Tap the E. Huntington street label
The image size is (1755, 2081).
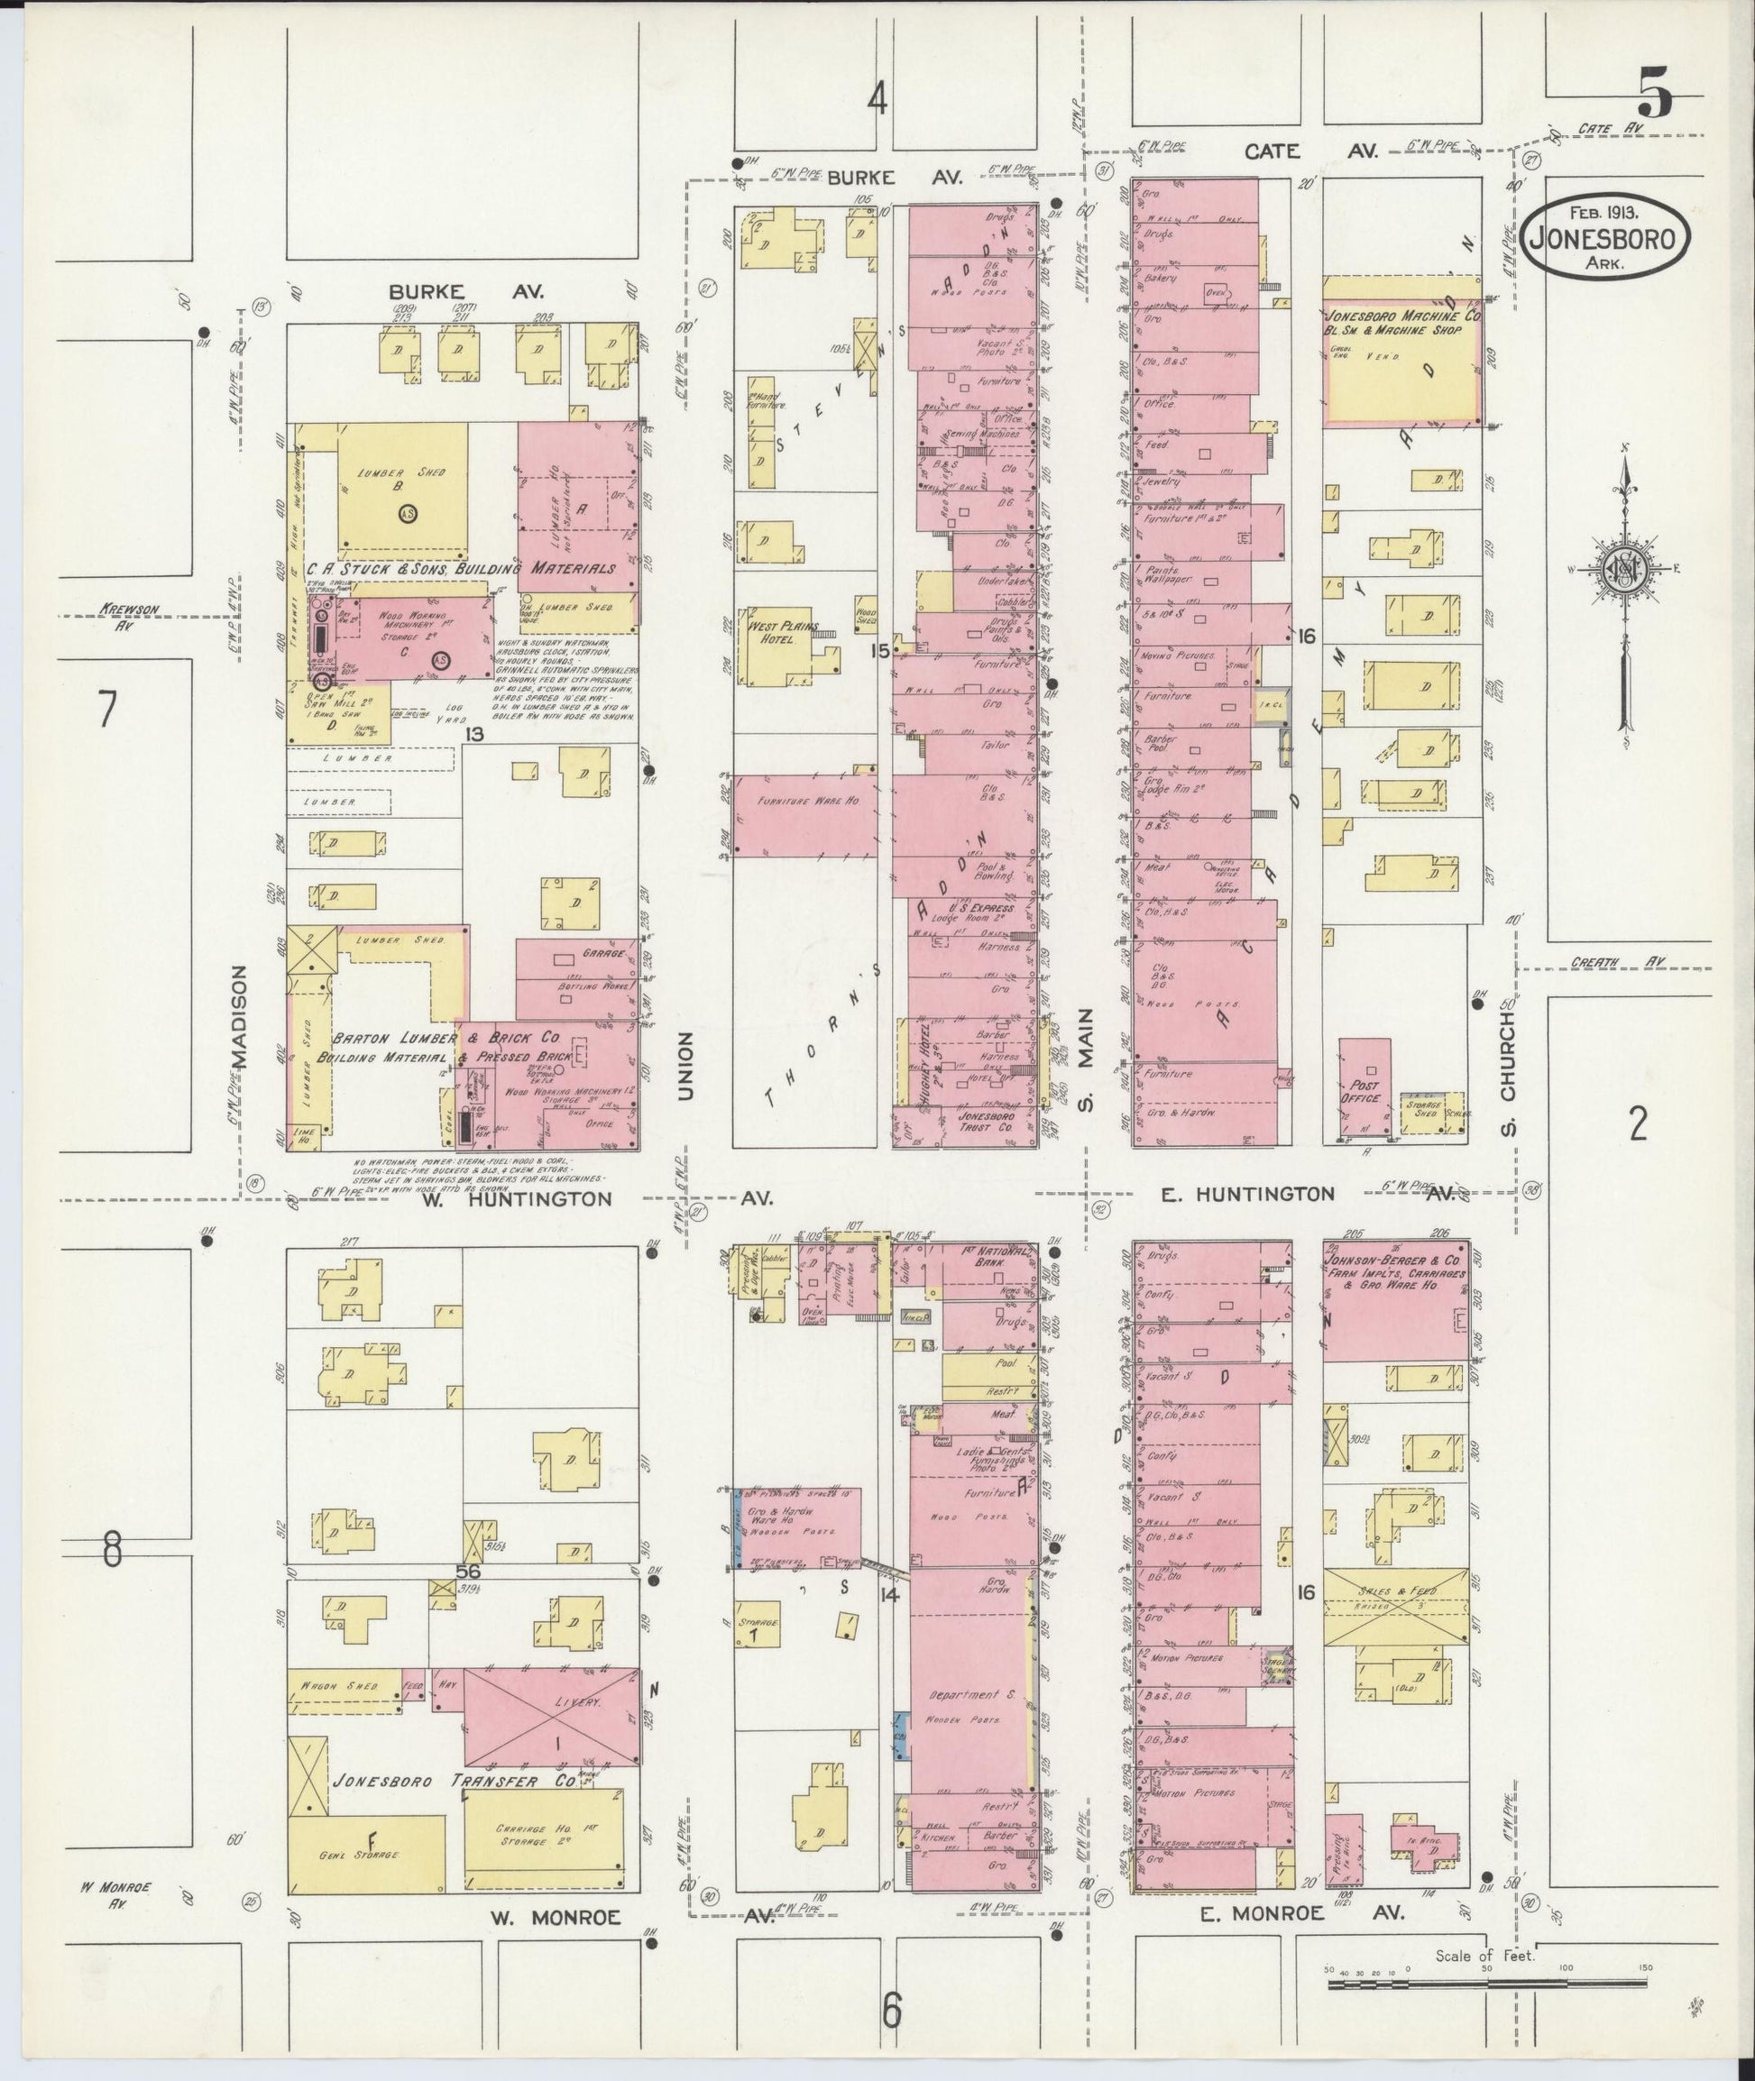[1234, 1194]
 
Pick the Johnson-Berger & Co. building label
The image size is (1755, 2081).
[1392, 1264]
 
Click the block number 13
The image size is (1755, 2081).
[473, 735]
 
